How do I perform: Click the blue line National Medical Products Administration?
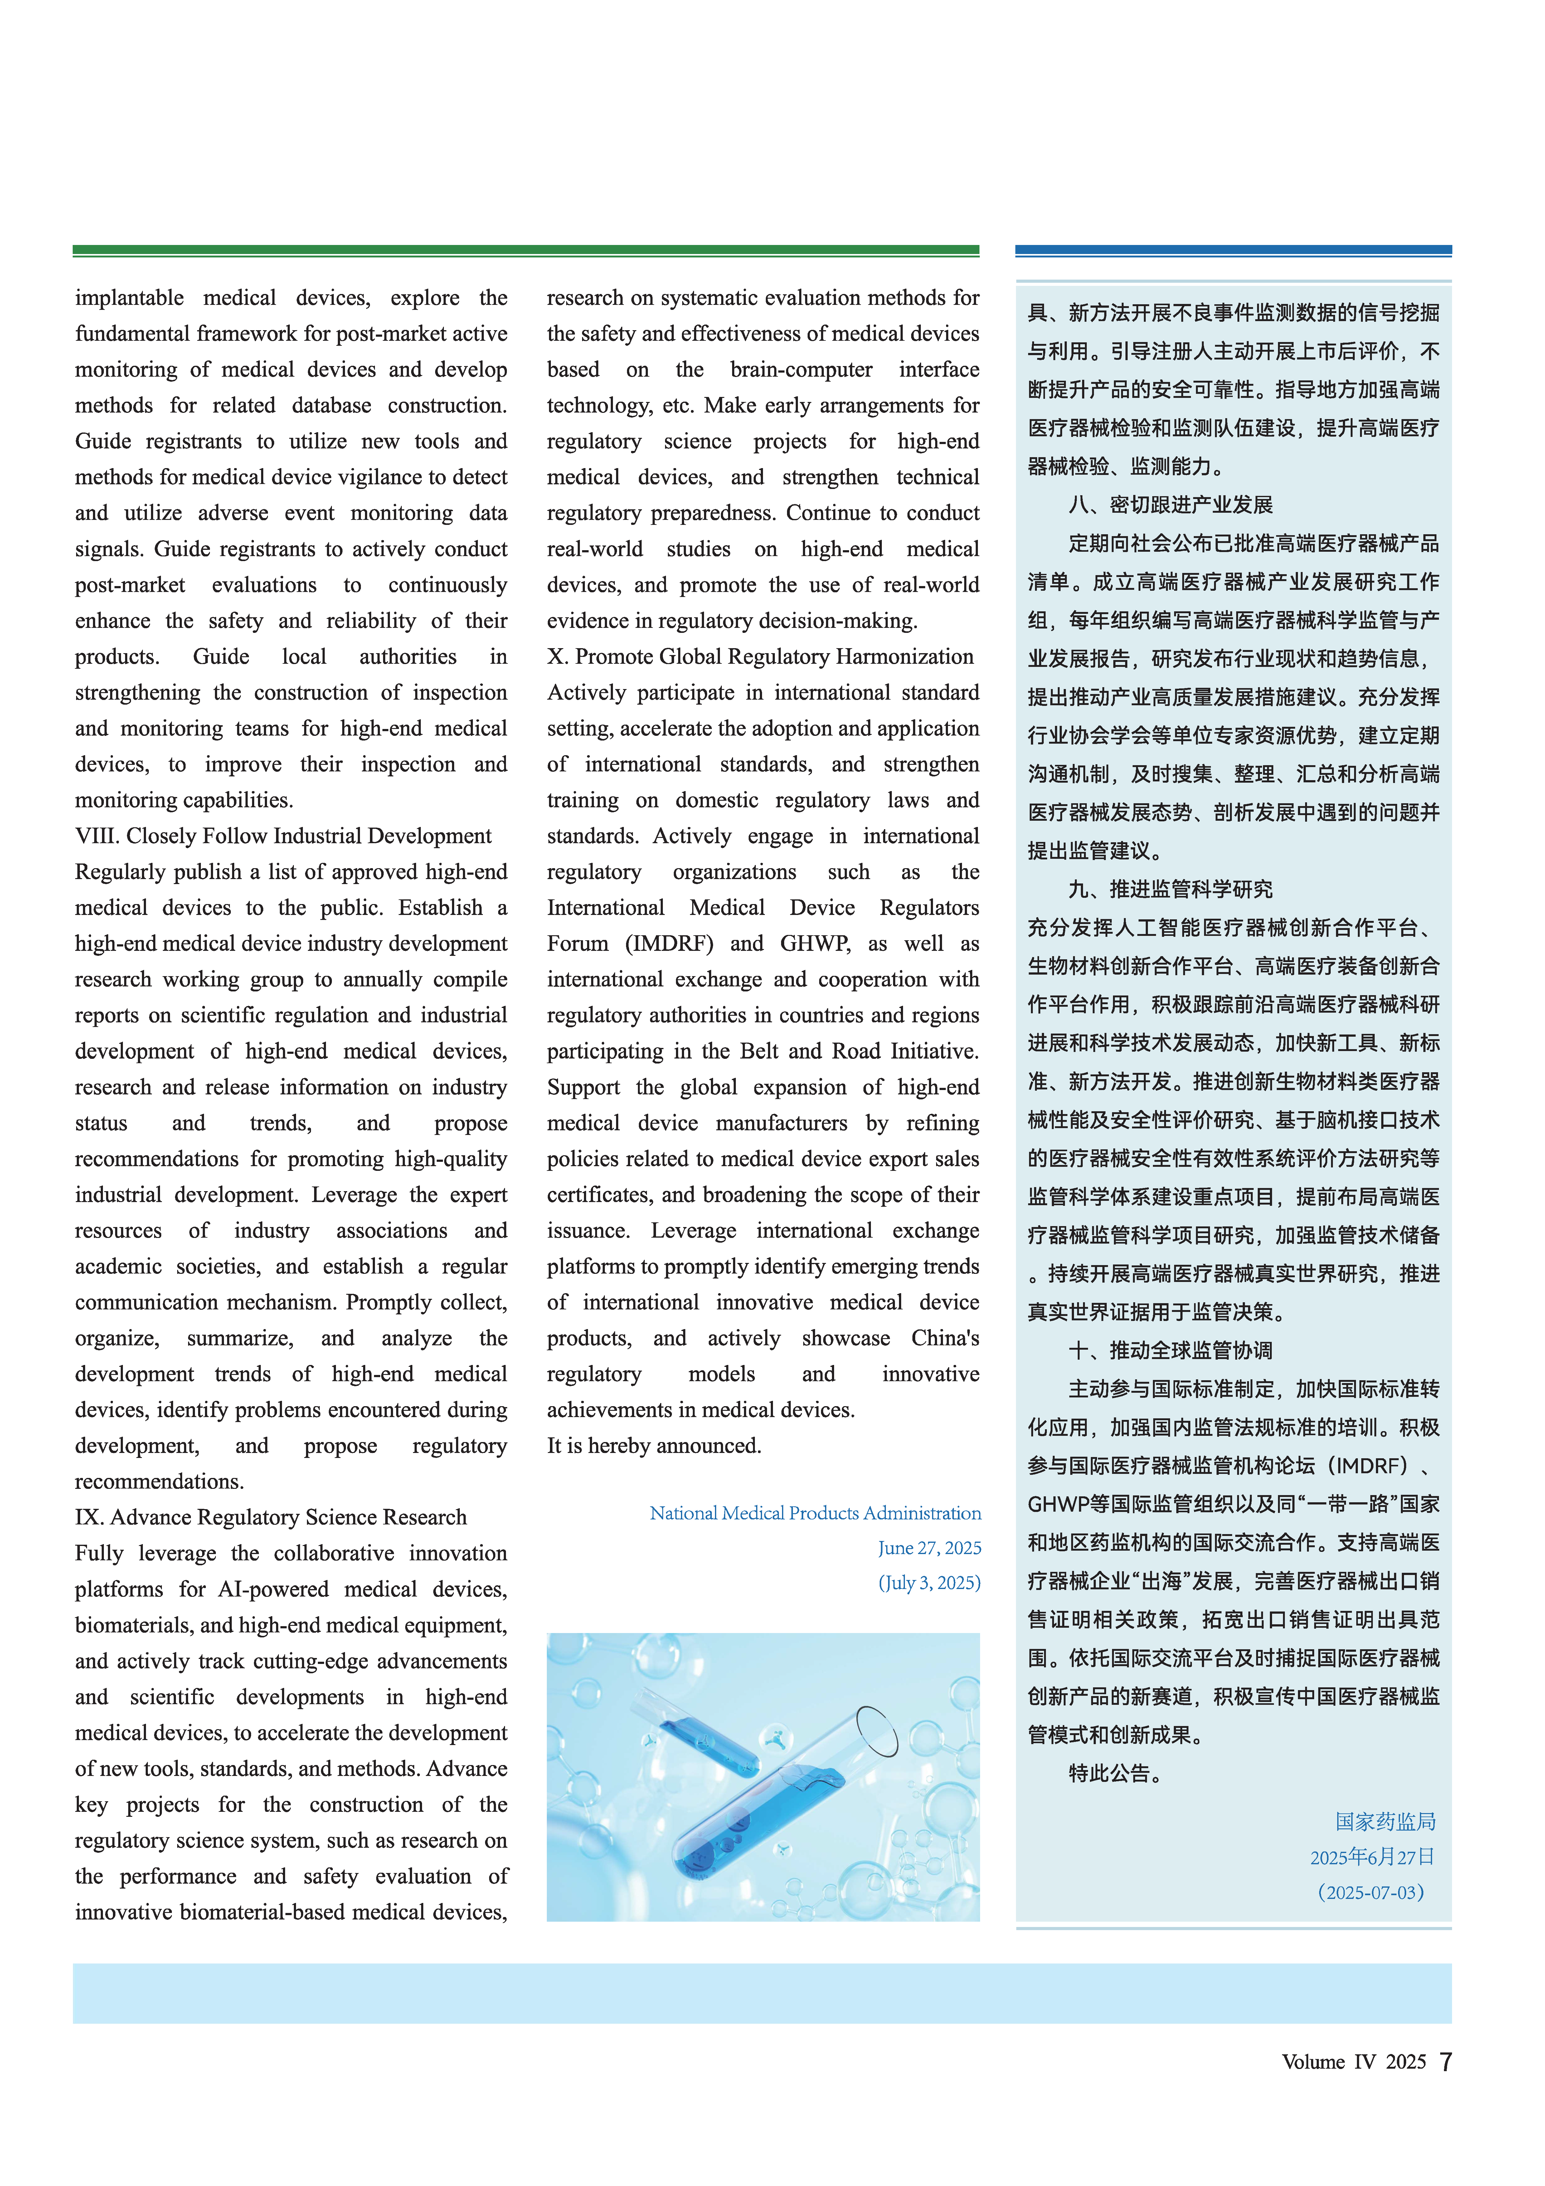tap(815, 1513)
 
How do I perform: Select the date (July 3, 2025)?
tap(928, 1582)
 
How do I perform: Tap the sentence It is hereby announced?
tap(654, 1445)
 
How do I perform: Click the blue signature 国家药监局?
tap(1385, 1821)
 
